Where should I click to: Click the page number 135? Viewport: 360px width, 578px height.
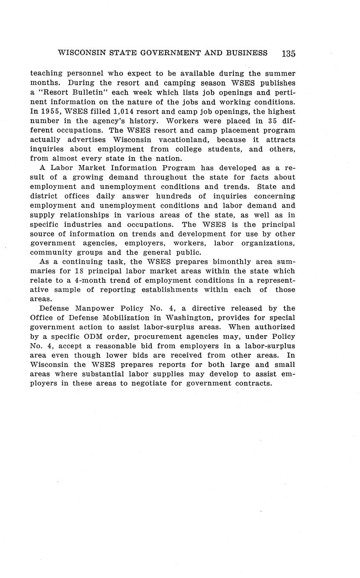(288, 54)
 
